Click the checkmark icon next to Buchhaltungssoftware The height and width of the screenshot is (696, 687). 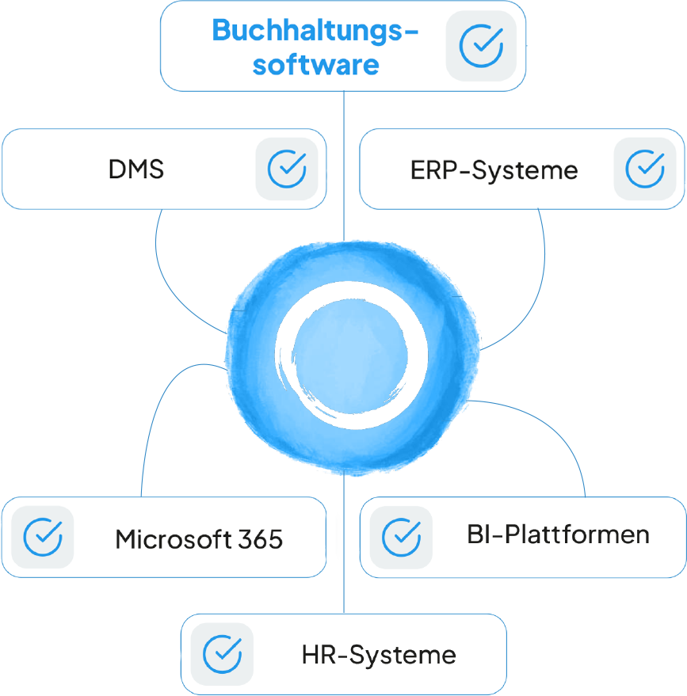point(481,45)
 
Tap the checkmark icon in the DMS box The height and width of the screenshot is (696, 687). point(286,169)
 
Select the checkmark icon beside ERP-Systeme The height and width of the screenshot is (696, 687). point(644,169)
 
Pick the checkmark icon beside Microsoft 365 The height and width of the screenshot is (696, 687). point(43,537)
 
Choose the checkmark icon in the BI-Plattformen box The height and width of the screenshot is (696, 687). point(401,537)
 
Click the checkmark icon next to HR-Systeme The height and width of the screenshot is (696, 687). point(222,654)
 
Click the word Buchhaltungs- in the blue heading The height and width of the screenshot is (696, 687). point(315,32)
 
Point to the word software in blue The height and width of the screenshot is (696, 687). point(315,64)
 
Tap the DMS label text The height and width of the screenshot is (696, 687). point(136,169)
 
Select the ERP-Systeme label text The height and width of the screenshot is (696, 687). point(494,169)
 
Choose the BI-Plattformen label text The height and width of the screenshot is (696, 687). point(558,534)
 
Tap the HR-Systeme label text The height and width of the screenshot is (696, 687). point(379,656)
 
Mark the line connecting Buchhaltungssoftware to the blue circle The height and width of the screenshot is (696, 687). point(344,166)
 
